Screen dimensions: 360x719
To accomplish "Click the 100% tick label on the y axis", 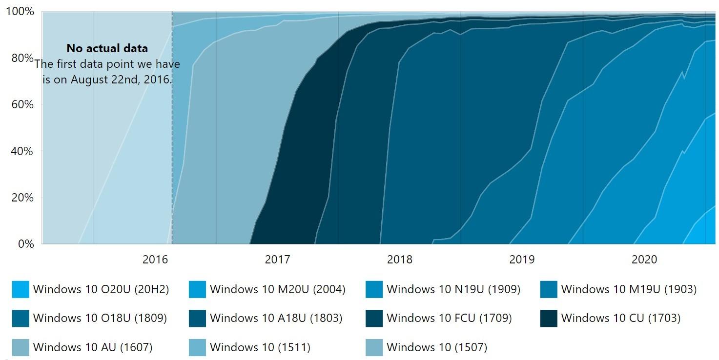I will point(20,11).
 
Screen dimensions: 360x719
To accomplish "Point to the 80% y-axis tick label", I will point(22,58).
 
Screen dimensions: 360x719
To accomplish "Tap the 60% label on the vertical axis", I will point(22,104).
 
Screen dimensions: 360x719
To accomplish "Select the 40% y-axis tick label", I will point(22,151).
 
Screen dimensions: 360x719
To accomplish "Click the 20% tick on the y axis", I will point(22,198).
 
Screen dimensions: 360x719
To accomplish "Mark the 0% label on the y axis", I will point(24,244).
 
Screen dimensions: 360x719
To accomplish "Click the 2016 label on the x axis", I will point(155,260).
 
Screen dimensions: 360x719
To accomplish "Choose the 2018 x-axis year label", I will point(399,260).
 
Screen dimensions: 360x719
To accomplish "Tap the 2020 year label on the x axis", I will point(644,260).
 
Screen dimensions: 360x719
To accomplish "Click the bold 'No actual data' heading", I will point(107,49).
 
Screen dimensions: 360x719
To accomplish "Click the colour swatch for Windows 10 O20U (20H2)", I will point(21,289).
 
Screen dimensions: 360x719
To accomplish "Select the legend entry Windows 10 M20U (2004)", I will point(277,289).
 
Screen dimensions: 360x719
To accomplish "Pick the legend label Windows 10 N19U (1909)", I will point(453,289).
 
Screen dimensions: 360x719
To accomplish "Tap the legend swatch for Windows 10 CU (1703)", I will point(549,319).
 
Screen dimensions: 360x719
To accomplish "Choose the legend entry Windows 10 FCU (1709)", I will point(449,319).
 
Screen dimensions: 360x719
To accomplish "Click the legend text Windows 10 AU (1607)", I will point(93,348).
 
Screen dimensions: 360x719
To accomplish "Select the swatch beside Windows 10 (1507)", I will point(374,348).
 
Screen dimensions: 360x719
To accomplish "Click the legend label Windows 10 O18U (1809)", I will point(100,319).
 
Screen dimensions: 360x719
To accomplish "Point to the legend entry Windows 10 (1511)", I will point(260,348).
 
